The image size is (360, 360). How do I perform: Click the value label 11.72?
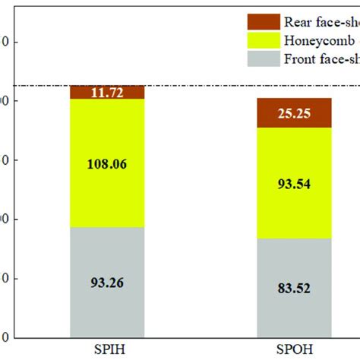[107, 92]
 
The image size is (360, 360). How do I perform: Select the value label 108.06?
[107, 162]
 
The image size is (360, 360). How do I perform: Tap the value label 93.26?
[107, 283]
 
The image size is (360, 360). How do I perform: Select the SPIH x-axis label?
[107, 350]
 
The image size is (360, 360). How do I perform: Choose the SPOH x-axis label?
[293, 350]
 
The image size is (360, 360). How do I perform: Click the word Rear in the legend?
[302, 21]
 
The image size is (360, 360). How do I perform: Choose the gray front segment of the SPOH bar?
[293, 311]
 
